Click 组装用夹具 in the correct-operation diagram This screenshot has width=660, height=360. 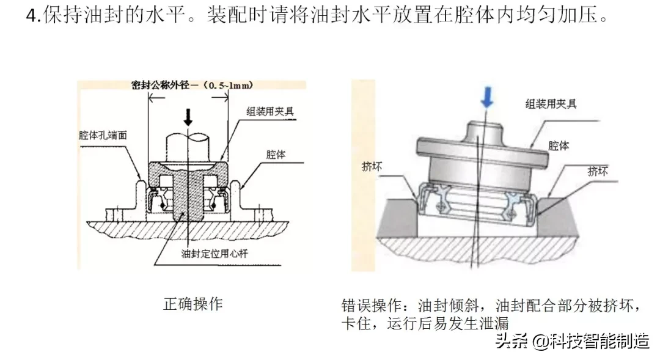(x=271, y=111)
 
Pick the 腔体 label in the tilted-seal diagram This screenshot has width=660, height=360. (x=559, y=146)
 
